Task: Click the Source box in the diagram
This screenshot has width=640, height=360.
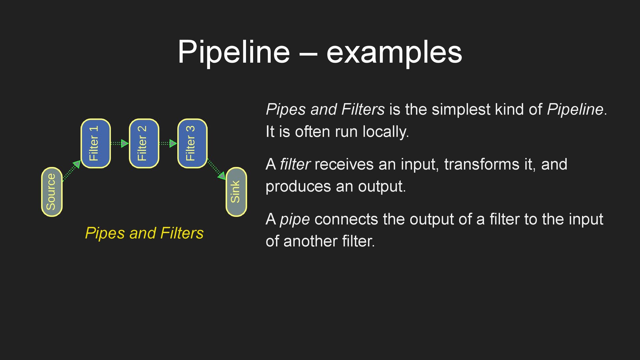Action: [52, 192]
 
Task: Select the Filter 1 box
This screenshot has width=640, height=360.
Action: [96, 143]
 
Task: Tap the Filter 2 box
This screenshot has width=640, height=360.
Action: [144, 143]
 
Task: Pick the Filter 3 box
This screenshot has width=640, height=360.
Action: [192, 143]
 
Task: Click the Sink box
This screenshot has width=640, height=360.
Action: [236, 192]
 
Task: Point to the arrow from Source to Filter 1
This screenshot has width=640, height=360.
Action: [71, 171]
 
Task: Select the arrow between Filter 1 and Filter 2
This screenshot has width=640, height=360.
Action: [119, 144]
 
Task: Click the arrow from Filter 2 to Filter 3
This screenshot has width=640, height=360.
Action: [168, 144]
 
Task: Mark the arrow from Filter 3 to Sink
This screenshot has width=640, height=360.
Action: [216, 170]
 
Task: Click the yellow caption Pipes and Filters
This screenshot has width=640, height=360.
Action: [144, 233]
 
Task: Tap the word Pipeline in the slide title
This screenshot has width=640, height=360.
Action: [234, 52]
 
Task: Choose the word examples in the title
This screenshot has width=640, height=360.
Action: [394, 52]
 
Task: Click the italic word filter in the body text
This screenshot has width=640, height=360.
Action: [295, 164]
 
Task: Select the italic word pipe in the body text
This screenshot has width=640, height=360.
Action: [295, 219]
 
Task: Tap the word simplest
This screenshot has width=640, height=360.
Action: [461, 109]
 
